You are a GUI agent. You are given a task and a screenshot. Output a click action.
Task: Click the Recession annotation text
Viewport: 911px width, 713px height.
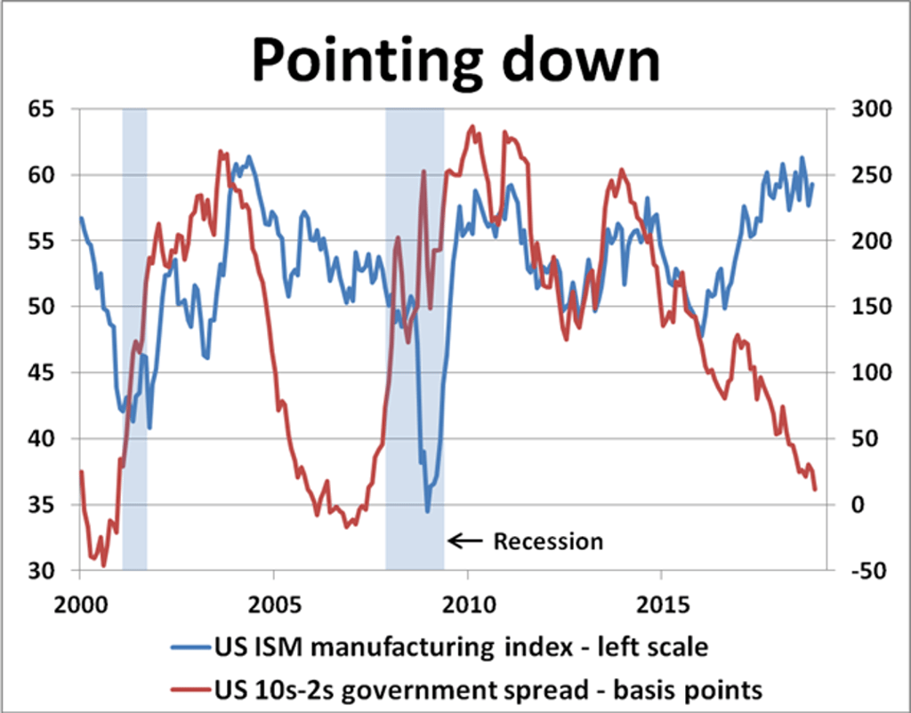point(548,541)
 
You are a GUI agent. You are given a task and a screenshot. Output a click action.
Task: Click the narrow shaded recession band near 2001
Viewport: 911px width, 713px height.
point(134,338)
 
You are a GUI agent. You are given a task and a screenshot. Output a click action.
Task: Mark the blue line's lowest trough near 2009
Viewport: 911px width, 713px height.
point(427,511)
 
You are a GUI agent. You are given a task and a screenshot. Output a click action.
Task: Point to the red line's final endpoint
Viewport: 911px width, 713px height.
point(815,489)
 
